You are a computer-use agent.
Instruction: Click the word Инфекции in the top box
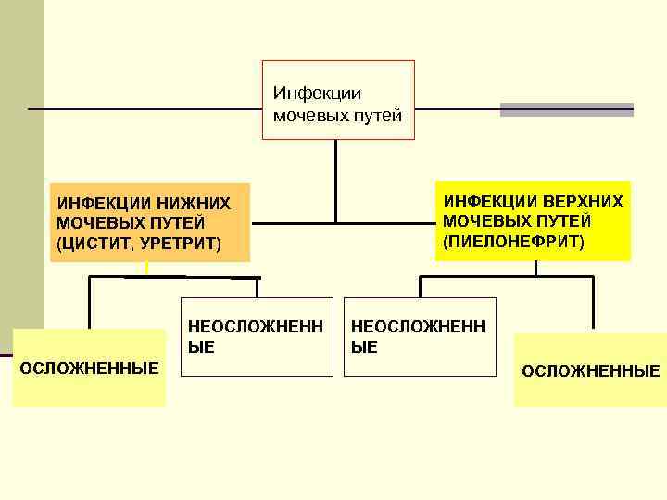pos(304,94)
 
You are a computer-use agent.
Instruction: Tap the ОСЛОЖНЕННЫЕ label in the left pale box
pos(89,368)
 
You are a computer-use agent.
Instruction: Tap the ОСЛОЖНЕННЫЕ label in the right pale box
pos(590,371)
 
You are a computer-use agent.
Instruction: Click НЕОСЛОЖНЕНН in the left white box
pos(256,327)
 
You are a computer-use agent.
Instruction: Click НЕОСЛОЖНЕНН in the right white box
pos(418,327)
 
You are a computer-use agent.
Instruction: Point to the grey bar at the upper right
pos(566,109)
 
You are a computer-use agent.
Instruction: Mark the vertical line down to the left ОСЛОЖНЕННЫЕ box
pos(90,303)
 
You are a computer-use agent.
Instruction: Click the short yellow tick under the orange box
pos(146,269)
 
